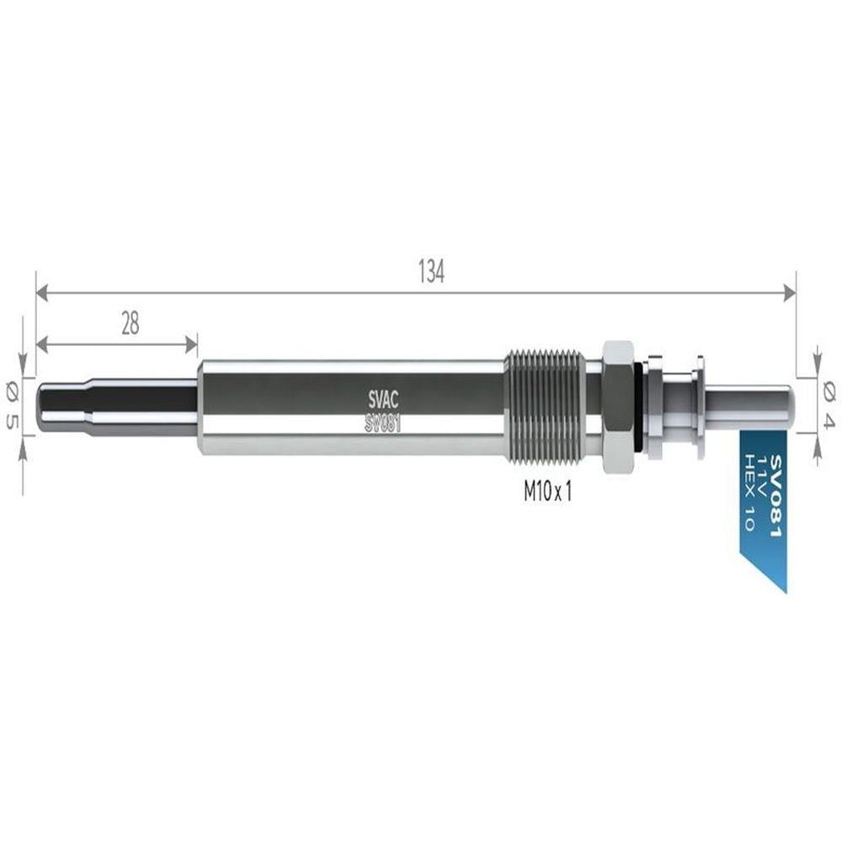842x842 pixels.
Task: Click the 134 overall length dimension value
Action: (432, 272)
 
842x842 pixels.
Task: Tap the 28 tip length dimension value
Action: (130, 324)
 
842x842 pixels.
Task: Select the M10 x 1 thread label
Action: (548, 491)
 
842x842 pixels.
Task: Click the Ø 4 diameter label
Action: (829, 407)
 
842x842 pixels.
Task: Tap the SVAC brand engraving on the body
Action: (383, 401)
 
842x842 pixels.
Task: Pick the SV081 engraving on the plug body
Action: (382, 424)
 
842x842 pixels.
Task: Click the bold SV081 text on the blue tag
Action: (776, 496)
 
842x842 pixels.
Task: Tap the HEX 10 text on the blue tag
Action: (748, 492)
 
